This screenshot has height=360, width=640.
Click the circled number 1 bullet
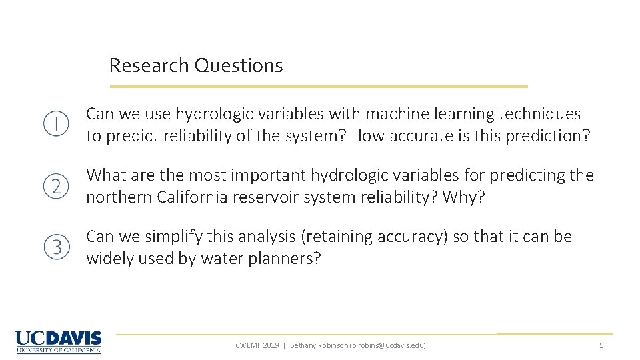pos(57,124)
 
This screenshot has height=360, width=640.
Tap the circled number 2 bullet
pos(57,186)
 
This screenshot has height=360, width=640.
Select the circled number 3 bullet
pos(57,248)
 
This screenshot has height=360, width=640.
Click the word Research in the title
pos(149,65)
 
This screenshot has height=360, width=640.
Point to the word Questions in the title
pos(239,65)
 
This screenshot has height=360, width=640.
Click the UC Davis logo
pos(59,342)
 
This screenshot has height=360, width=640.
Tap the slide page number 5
pos(601,345)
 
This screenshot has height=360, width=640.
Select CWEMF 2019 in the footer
pos(257,345)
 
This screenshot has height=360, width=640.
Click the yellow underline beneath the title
pos(319,87)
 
